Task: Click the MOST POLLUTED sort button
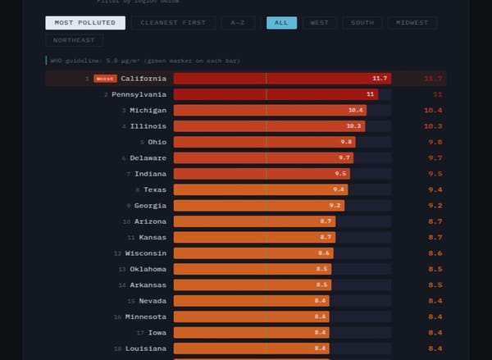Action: tap(85, 23)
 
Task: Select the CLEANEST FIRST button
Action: tap(174, 23)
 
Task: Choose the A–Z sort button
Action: tap(238, 23)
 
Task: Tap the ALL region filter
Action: tap(281, 23)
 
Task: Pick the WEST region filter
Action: tap(319, 23)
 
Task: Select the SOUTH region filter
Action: tap(362, 23)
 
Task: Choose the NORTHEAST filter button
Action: tap(74, 40)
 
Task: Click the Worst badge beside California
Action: tap(105, 79)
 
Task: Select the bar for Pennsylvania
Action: tap(276, 94)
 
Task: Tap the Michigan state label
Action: tap(148, 110)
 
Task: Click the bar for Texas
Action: tap(261, 189)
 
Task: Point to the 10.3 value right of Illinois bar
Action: tap(433, 126)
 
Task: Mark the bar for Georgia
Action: tap(259, 205)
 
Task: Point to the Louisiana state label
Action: tap(146, 349)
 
